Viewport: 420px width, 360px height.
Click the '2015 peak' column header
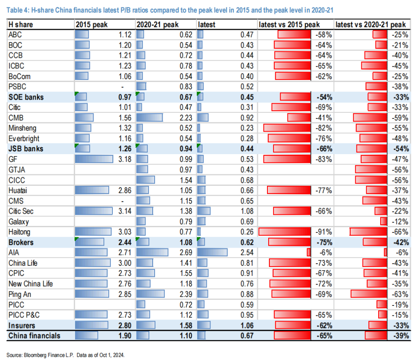91,25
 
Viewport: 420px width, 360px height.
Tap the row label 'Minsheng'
22,128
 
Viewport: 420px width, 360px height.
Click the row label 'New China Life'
30,284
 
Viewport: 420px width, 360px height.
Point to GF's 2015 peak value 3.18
125,159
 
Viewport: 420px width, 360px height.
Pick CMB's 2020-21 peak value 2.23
186,118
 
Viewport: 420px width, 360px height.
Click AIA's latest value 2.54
247,252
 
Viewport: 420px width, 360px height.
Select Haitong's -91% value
324,232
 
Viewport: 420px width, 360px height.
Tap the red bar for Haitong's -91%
285,232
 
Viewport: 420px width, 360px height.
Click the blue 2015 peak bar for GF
94,159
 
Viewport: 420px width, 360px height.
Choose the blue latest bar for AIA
212,252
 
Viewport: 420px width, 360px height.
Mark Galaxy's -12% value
400,221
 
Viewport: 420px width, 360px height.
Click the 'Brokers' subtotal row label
21,242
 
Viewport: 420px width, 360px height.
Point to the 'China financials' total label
34,336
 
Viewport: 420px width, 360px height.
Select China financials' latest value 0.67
247,336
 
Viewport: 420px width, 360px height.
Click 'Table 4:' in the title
18,10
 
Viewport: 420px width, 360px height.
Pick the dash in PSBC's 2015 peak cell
122,87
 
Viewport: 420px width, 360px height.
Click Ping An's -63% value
400,294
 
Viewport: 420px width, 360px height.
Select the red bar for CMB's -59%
370,118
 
